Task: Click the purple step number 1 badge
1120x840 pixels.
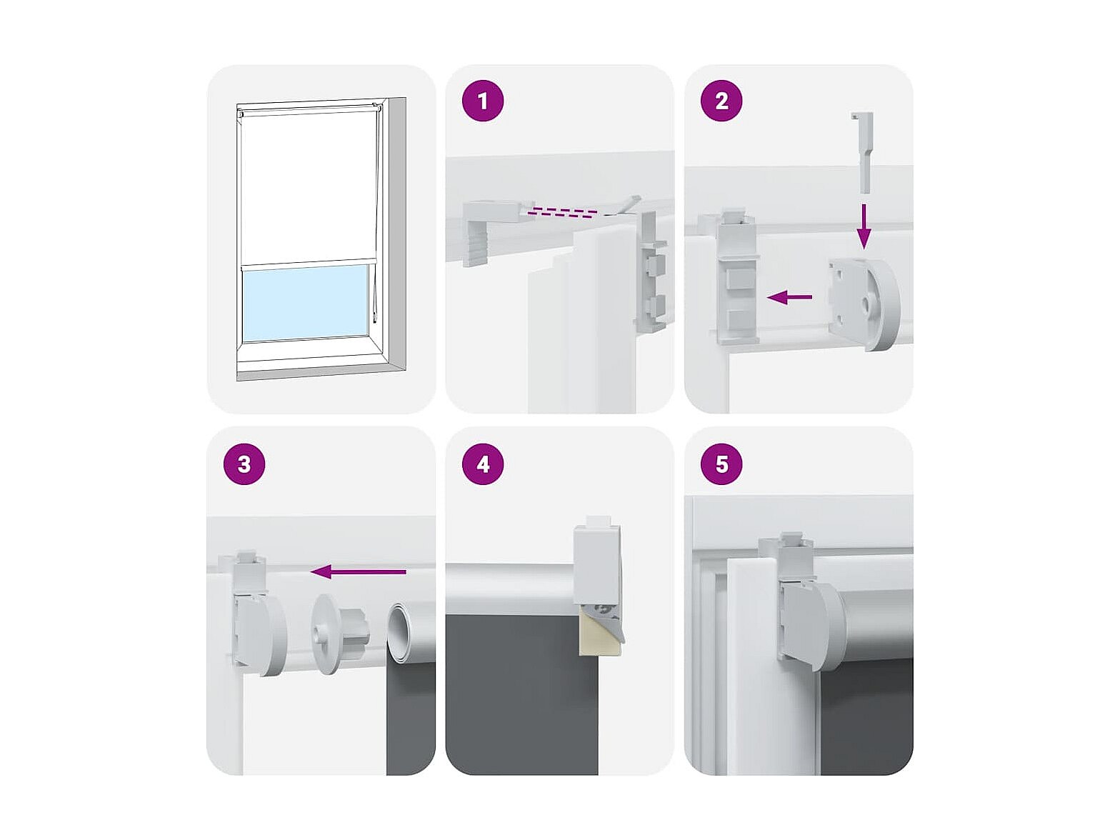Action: (x=482, y=101)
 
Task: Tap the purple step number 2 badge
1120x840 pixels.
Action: (x=721, y=101)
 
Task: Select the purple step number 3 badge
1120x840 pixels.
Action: (x=244, y=464)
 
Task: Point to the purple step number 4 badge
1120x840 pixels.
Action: (x=482, y=464)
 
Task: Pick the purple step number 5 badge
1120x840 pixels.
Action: (x=721, y=464)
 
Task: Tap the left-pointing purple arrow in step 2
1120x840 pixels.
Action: (x=789, y=297)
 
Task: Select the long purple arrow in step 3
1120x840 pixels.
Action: (x=358, y=571)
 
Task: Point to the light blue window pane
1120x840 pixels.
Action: (x=306, y=303)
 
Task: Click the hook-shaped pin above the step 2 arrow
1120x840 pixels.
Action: (x=862, y=152)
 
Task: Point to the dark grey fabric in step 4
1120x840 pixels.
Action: (x=521, y=695)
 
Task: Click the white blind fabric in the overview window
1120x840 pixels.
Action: (x=307, y=188)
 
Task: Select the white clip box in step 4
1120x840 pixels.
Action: (x=596, y=559)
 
